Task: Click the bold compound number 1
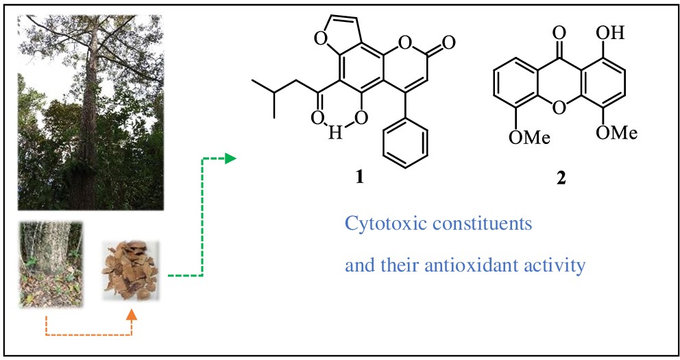(x=360, y=178)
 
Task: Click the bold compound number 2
(x=561, y=178)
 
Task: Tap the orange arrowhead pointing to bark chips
(x=132, y=315)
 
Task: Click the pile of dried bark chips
(x=130, y=271)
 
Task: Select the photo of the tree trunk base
(x=51, y=265)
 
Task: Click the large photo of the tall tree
(x=90, y=112)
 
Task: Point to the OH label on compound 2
(x=610, y=33)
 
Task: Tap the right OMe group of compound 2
(x=616, y=132)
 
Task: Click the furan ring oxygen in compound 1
(x=320, y=40)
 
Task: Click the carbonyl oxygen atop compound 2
(x=559, y=32)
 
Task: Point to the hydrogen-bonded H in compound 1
(x=335, y=132)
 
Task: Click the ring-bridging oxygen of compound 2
(x=559, y=107)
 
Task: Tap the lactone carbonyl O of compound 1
(x=449, y=42)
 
